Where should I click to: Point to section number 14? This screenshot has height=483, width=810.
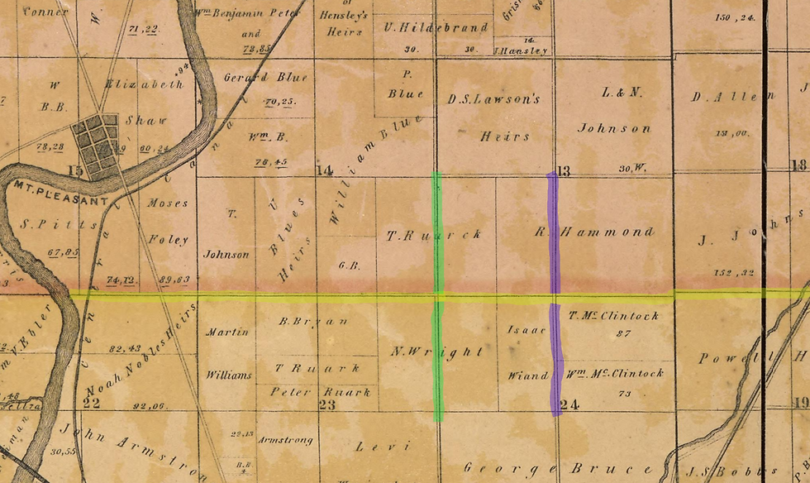click(324, 171)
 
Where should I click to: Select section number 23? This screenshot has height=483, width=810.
click(326, 404)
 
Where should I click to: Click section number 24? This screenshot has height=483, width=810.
click(568, 404)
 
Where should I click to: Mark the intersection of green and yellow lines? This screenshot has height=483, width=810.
click(437, 295)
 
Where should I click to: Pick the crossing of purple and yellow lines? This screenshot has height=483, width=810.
click(553, 295)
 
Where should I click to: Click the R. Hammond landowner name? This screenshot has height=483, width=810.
click(593, 232)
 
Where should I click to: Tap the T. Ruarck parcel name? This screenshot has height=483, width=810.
click(434, 235)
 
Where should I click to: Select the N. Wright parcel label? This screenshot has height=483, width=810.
click(436, 351)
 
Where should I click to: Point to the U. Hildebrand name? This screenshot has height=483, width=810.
click(436, 27)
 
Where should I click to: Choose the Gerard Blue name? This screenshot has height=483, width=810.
click(265, 78)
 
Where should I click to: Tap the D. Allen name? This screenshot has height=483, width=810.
click(723, 97)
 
